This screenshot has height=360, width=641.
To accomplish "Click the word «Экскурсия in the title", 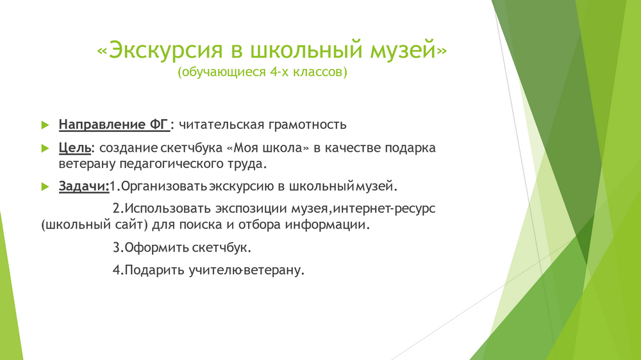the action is tap(160, 50).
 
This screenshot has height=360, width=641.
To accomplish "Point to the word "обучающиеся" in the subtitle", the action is tap(222, 72).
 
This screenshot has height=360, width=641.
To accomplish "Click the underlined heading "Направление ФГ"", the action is tap(114, 124).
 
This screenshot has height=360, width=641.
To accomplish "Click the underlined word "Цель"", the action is tap(75, 148).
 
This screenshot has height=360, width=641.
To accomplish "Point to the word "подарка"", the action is tap(410, 148).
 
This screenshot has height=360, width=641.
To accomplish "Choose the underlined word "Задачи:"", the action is tap(84, 186).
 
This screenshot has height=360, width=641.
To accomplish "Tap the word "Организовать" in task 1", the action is tap(164, 186).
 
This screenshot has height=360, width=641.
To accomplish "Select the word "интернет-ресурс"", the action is tap(384, 208).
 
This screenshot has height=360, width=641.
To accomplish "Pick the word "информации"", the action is tap(327, 225).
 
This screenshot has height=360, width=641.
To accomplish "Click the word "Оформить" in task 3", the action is tap(156, 248).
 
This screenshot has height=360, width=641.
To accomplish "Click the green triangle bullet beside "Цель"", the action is tap(45, 148).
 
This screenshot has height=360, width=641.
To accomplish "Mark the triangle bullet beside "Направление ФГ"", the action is tap(45, 125).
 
